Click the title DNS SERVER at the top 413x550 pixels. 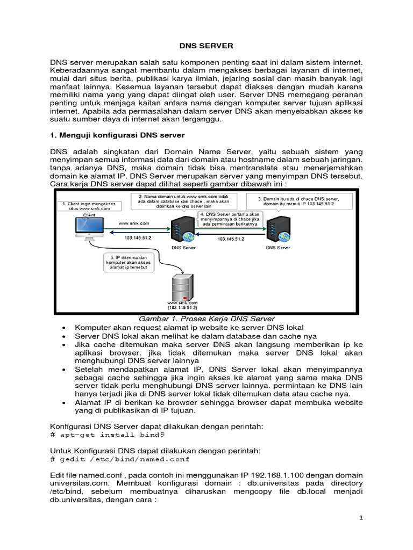tap(206, 47)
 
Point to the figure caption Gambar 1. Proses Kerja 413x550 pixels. tap(207, 319)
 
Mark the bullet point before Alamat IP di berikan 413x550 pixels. tap(65, 403)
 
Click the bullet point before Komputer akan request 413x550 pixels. tap(65, 327)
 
